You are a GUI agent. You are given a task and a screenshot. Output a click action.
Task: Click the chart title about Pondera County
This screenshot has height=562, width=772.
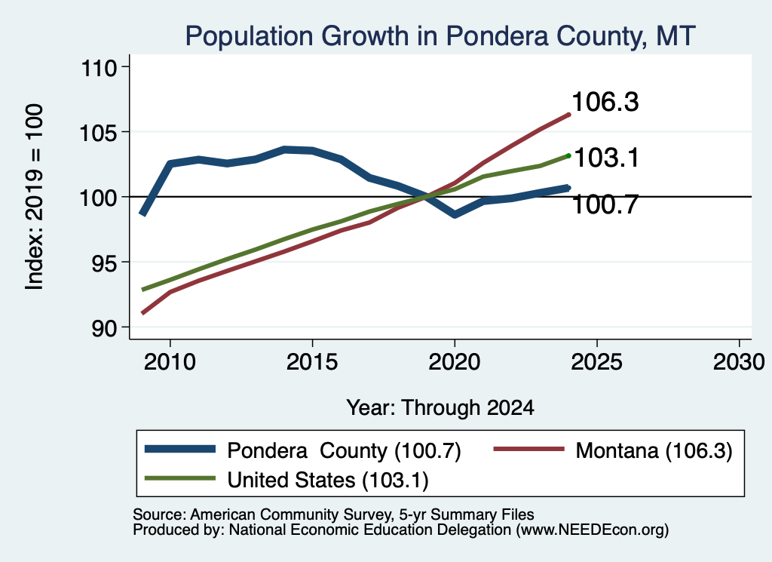(x=440, y=36)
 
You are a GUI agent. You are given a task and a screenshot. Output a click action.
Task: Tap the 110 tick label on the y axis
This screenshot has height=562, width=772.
(x=99, y=68)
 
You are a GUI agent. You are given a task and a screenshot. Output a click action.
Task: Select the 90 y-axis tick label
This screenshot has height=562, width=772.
(x=105, y=328)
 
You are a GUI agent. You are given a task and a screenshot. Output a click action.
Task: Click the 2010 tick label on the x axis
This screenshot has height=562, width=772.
(x=170, y=363)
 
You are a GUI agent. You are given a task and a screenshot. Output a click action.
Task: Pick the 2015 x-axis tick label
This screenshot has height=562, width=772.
(x=312, y=363)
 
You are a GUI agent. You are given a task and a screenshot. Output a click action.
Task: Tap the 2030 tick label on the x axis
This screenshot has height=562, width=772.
(x=739, y=363)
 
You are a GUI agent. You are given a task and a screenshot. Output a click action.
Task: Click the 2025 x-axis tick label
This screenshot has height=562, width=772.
(x=597, y=363)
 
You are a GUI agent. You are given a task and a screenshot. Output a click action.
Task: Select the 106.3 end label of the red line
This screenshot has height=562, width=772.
(x=605, y=102)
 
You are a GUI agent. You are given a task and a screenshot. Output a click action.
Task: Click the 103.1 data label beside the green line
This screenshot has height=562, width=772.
(x=607, y=158)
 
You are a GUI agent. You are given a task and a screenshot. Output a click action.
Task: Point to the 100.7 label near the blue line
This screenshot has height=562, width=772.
(x=605, y=204)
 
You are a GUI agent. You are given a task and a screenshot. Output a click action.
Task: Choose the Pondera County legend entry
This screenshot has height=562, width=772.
(x=303, y=450)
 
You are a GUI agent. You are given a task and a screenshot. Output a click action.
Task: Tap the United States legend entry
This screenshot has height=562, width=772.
(x=287, y=480)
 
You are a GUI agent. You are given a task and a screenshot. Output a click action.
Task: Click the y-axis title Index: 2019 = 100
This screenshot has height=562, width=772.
(x=35, y=197)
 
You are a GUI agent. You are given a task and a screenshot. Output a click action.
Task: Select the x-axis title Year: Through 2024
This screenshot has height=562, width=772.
(x=440, y=408)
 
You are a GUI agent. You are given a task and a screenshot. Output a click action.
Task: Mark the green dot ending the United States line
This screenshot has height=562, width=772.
(x=568, y=155)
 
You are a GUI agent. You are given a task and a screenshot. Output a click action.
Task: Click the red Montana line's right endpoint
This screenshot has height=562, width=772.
(x=569, y=115)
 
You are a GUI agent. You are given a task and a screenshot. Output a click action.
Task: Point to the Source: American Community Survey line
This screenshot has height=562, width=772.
(x=333, y=514)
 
